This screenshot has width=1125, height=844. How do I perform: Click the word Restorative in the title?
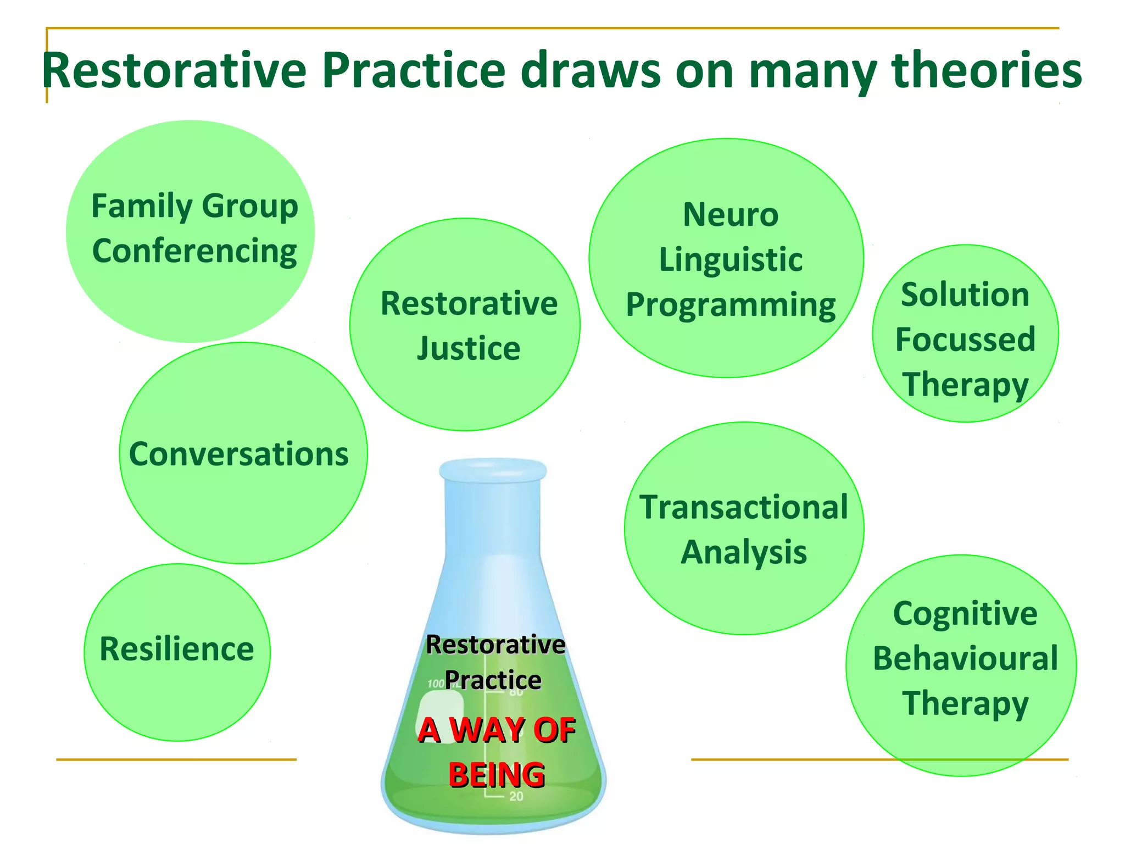pos(174,70)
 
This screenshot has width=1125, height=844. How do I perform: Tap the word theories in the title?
pos(987,70)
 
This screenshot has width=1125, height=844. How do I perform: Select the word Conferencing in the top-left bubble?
pos(194,252)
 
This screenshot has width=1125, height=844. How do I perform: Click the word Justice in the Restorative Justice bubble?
pos(469,348)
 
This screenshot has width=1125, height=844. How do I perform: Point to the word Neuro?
pos(730,214)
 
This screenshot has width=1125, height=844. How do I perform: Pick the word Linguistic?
pos(730,259)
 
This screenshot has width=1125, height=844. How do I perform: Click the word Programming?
pos(730,306)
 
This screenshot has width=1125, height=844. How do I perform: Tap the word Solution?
pos(965,295)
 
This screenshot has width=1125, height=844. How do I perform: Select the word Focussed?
pos(965,340)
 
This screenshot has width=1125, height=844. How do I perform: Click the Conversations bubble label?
pos(239,454)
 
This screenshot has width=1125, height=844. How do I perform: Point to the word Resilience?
pos(176,649)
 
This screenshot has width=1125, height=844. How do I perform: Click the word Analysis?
pos(744,552)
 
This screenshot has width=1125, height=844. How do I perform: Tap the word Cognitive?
pos(965,613)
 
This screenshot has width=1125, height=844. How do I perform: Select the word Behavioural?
pos(965,658)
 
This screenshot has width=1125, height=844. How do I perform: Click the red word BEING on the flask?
pos(497,775)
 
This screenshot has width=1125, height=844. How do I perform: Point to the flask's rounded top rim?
pos(493,470)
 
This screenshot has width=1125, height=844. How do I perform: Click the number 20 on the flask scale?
pos(516,796)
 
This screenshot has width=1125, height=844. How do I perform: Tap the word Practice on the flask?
pos(493,680)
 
